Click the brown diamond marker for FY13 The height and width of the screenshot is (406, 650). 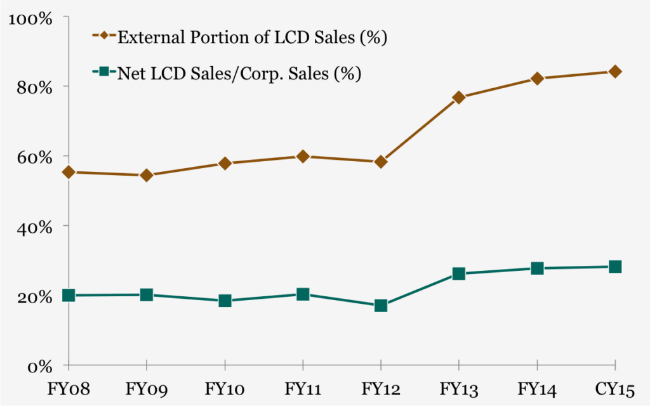(459, 97)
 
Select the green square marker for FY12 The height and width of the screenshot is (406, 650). (381, 305)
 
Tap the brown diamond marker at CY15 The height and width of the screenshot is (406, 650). (615, 72)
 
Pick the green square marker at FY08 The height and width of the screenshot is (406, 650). (69, 295)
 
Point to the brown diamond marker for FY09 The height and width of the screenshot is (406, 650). (147, 175)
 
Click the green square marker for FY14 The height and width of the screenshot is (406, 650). (537, 268)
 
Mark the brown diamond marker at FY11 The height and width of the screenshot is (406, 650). (303, 156)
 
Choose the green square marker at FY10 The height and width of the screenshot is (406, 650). (225, 301)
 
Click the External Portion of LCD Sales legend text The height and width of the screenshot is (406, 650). (252, 37)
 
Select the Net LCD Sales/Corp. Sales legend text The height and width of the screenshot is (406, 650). (239, 74)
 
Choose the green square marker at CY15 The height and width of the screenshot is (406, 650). (615, 266)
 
